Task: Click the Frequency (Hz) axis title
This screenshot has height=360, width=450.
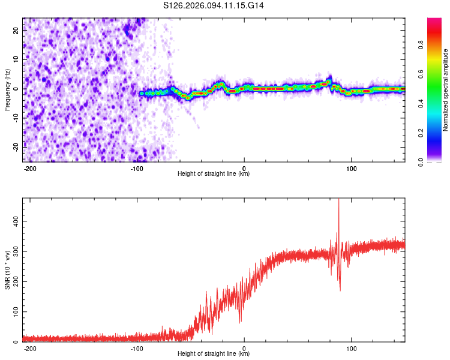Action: click(x=7, y=89)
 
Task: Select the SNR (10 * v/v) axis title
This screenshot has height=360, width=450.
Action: click(x=7, y=269)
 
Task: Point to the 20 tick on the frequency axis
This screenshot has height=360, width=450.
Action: click(x=16, y=32)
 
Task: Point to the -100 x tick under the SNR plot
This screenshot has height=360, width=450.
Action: click(x=137, y=349)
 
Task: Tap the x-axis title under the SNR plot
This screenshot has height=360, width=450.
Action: click(x=214, y=354)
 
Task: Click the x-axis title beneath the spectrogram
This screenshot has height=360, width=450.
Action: click(x=214, y=174)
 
